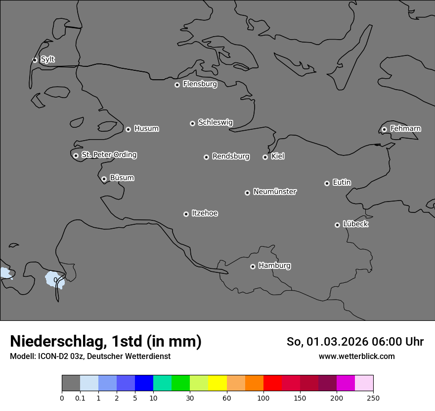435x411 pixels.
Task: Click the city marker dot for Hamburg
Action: (x=253, y=266)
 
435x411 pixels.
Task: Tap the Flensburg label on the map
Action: (x=200, y=84)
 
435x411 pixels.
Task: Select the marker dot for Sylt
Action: (x=35, y=60)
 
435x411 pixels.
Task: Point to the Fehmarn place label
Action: (x=405, y=129)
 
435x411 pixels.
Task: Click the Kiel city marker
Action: (x=265, y=157)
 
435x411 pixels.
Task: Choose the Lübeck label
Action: (x=355, y=224)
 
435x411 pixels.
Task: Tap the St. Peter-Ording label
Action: (x=109, y=155)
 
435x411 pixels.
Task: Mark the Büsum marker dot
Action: (x=104, y=179)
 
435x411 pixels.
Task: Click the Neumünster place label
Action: (x=275, y=192)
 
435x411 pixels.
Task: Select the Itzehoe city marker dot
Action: (x=186, y=214)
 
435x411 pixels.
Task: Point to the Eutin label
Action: (x=342, y=182)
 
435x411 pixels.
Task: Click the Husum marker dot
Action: (x=128, y=129)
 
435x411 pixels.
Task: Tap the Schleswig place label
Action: (x=215, y=122)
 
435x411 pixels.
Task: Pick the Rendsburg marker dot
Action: (x=206, y=157)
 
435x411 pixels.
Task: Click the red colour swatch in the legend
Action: (x=272, y=383)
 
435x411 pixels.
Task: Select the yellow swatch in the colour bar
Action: (x=217, y=383)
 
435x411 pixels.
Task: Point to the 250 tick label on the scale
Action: (x=373, y=398)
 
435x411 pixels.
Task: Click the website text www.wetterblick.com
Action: (x=356, y=356)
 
